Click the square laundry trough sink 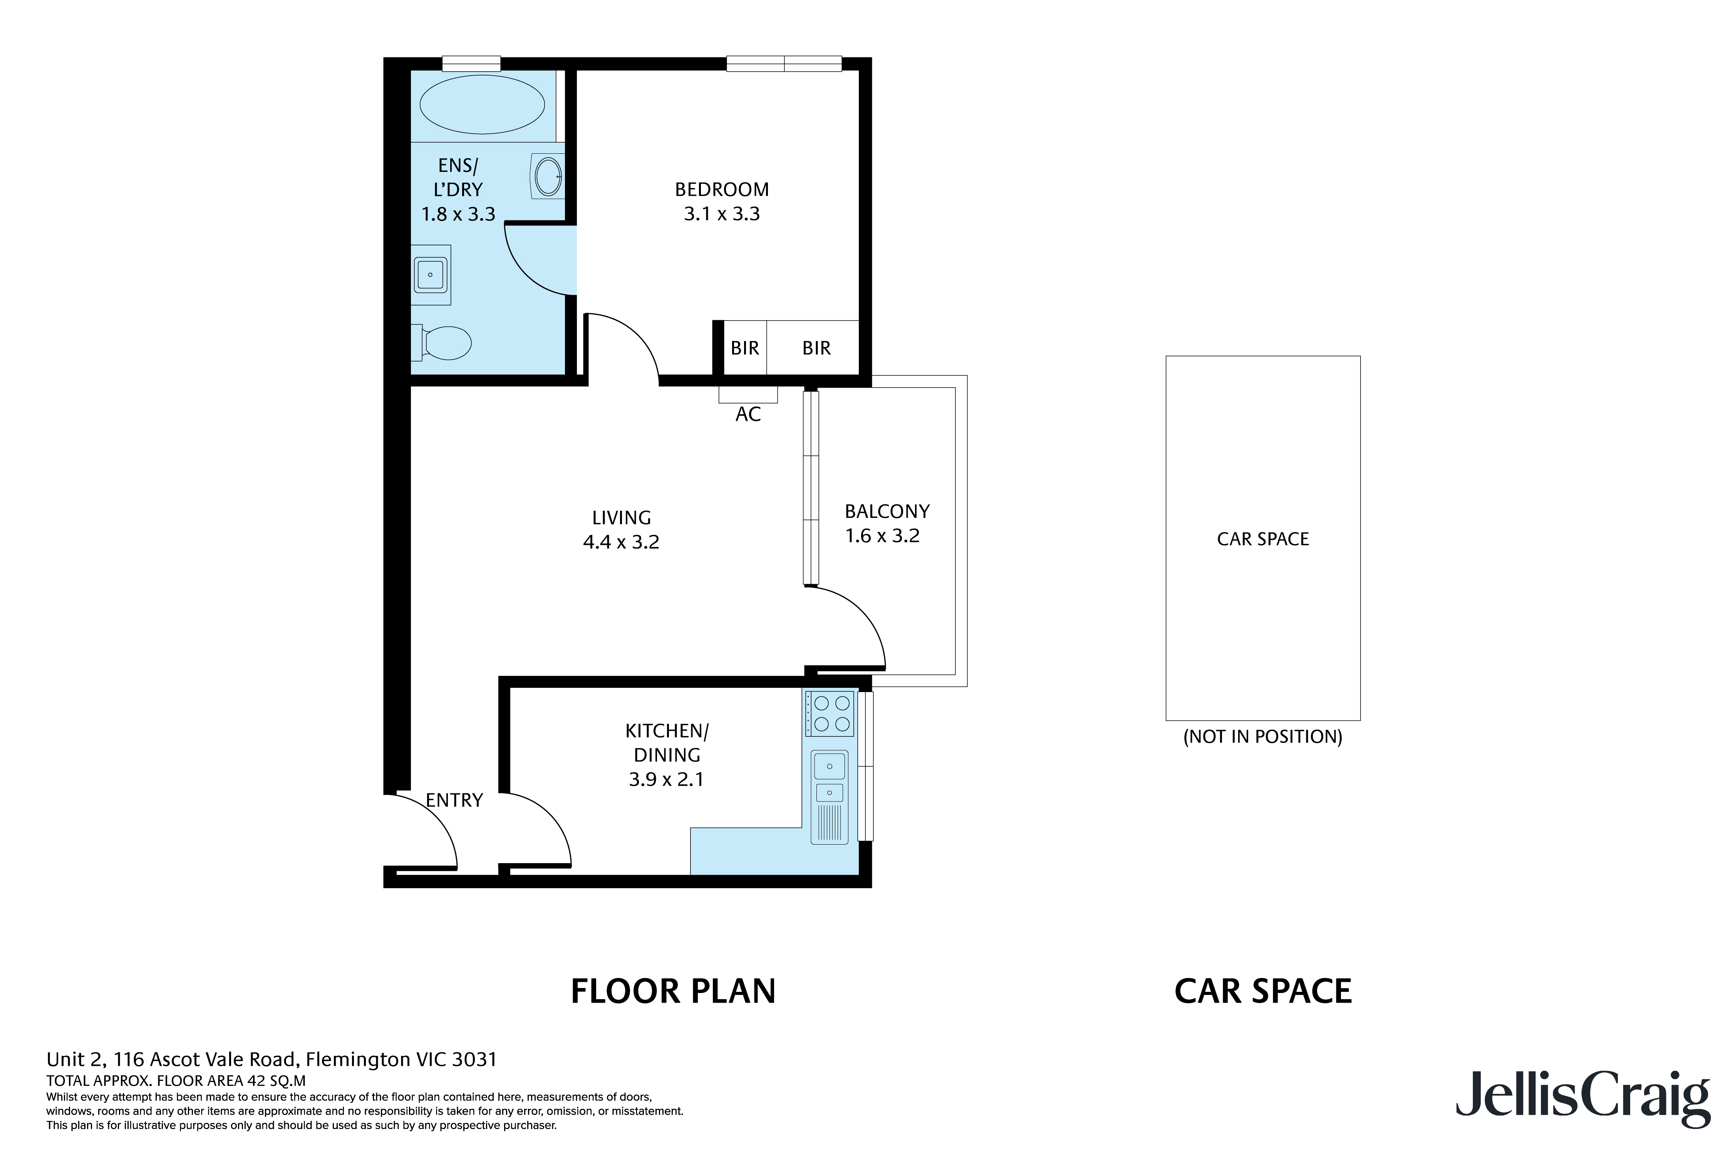[x=430, y=274]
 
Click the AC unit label [x=748, y=414]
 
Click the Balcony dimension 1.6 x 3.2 [x=882, y=536]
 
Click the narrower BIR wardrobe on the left [x=744, y=348]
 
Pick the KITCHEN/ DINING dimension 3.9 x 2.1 [x=666, y=779]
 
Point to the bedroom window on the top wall [x=784, y=64]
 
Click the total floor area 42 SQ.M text [x=175, y=1081]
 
